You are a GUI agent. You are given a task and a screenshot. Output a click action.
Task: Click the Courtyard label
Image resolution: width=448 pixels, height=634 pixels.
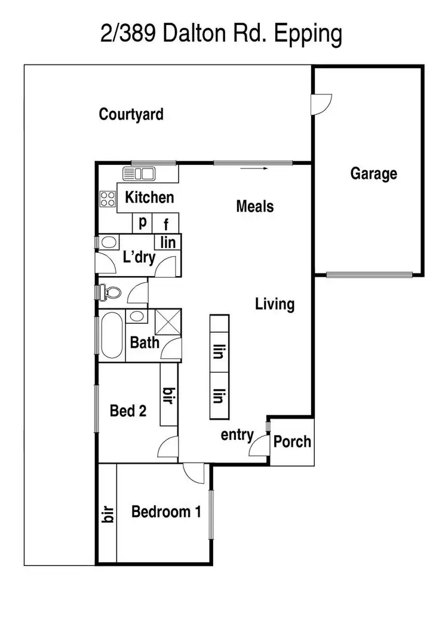(x=131, y=114)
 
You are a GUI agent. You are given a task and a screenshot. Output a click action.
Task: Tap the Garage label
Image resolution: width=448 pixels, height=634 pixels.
(x=373, y=174)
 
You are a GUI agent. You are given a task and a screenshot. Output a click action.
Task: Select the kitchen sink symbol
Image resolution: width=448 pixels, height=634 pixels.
(x=139, y=174)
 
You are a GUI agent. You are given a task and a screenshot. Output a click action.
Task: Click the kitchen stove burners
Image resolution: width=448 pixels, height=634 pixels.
(x=108, y=198)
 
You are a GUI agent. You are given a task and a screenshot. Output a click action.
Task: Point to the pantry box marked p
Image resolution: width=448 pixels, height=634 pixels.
(x=143, y=223)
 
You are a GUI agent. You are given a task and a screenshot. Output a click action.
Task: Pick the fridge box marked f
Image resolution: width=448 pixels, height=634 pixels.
(x=167, y=224)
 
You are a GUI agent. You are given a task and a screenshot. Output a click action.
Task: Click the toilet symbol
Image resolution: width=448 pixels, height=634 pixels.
(x=111, y=292)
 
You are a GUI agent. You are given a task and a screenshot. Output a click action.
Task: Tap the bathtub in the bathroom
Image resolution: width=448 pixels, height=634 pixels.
(x=112, y=337)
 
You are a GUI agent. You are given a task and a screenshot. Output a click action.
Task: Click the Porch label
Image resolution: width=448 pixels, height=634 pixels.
(x=292, y=442)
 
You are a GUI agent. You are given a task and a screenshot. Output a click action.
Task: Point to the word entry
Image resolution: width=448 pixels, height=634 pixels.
(x=237, y=435)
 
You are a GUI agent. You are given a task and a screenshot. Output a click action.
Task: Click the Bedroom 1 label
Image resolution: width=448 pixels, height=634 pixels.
(x=166, y=512)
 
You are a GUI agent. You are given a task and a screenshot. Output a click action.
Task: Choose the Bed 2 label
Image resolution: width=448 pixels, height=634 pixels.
(x=128, y=411)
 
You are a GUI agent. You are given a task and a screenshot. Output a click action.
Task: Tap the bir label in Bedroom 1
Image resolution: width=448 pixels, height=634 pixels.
(x=108, y=514)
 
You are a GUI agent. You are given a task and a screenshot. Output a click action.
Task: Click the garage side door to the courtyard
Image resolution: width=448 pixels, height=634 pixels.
(x=320, y=104)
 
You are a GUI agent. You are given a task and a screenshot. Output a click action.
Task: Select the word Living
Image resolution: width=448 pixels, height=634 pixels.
(x=275, y=304)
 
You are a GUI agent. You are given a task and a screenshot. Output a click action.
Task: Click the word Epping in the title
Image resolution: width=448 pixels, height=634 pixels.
(x=307, y=35)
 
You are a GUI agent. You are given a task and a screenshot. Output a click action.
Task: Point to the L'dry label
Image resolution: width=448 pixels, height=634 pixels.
(x=139, y=258)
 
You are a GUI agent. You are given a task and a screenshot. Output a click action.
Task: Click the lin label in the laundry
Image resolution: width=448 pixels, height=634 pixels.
(x=168, y=242)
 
